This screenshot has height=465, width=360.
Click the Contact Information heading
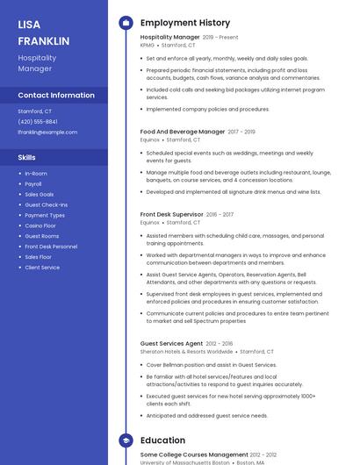click(56, 95)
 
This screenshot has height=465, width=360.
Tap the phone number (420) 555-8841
click(38, 122)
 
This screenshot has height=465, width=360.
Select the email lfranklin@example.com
click(47, 132)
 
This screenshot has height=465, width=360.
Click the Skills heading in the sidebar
click(27, 158)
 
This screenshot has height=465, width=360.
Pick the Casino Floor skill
click(40, 225)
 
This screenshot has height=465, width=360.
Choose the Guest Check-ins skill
click(46, 204)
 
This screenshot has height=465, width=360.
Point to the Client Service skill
click(42, 268)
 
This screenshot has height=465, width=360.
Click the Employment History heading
click(185, 23)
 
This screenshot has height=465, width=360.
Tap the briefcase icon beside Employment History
click(126, 23)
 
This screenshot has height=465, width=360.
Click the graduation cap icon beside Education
click(126, 440)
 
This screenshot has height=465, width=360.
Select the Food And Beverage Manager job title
click(183, 132)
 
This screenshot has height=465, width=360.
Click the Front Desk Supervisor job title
click(172, 214)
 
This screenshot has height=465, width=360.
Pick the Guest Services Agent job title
click(171, 343)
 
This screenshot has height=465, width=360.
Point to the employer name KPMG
click(148, 45)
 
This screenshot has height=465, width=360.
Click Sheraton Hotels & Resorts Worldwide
click(187, 351)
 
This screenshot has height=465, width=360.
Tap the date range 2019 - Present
click(220, 38)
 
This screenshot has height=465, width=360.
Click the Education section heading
click(162, 440)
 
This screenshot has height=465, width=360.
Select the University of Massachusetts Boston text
click(184, 462)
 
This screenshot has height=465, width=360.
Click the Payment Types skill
click(45, 215)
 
